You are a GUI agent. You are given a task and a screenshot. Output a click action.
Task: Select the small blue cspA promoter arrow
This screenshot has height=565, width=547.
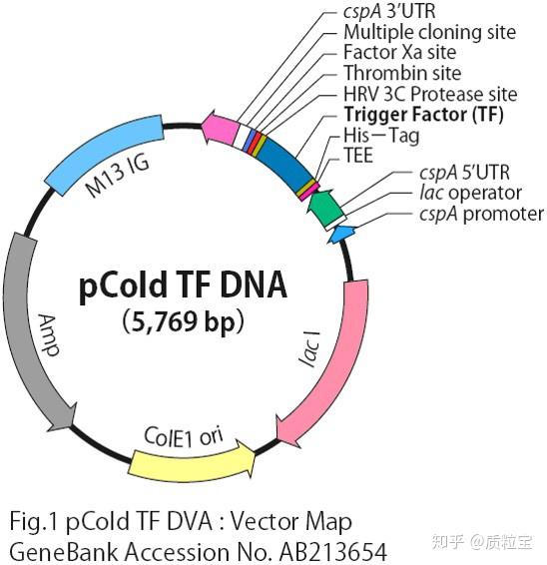tap(341, 234)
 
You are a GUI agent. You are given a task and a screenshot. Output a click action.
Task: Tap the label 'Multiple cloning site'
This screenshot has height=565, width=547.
tap(430, 32)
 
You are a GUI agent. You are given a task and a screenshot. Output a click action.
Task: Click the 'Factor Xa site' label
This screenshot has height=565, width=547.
tap(399, 52)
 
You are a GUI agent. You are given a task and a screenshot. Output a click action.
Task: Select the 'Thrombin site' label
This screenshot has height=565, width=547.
tap(402, 73)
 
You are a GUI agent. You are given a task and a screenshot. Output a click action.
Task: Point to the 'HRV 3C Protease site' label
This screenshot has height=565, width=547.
tap(430, 94)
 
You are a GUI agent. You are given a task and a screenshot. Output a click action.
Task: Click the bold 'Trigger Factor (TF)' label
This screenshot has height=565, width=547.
tap(423, 115)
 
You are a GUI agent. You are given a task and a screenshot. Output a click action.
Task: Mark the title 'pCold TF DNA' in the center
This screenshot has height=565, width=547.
tap(183, 285)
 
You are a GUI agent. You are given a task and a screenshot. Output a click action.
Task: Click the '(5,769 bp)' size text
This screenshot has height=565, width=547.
tap(183, 321)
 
